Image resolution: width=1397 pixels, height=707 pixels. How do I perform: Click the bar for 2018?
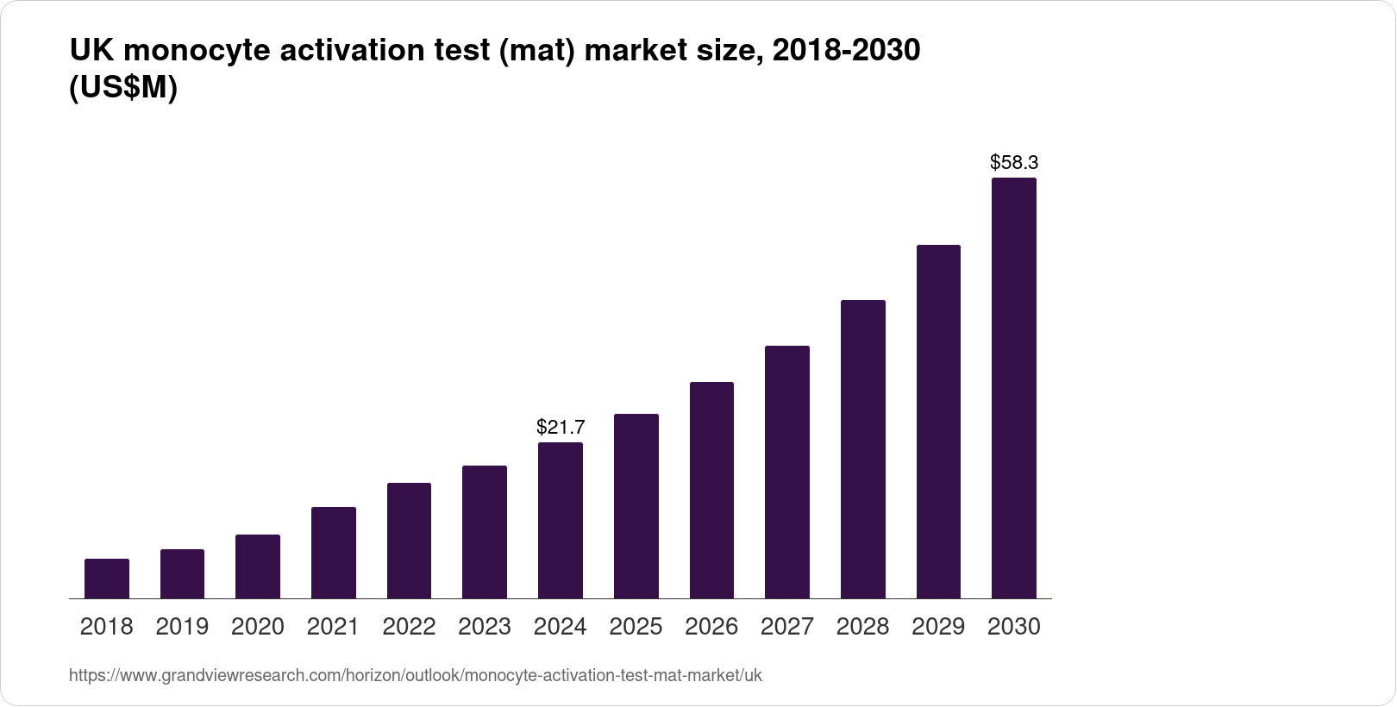coord(107,579)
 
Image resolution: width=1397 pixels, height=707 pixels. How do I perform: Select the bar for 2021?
coord(334,553)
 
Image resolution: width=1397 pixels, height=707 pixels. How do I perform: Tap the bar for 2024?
coord(561,520)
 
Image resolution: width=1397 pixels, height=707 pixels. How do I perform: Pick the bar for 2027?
coord(787,472)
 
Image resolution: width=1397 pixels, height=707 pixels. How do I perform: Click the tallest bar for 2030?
coord(1014,388)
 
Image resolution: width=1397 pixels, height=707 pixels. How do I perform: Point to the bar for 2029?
coord(938,422)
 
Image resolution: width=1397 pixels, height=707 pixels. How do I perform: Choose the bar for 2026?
coord(711,490)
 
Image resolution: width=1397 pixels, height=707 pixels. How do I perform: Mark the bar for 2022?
coord(409,541)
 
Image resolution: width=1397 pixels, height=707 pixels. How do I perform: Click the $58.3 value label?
coord(1014,162)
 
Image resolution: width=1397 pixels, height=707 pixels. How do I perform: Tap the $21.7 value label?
coord(561,427)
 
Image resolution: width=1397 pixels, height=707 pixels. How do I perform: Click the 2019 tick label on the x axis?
coord(182,627)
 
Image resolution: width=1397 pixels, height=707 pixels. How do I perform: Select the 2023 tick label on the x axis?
coord(485,627)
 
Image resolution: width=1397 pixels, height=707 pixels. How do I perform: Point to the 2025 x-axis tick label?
coord(636,627)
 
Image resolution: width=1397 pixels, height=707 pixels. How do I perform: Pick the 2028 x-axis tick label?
coord(862,627)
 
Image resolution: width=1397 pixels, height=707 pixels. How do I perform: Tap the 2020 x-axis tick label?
coord(258,627)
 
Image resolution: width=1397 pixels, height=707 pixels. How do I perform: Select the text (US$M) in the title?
coord(122,88)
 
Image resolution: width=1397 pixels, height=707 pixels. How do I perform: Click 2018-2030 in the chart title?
coord(846,52)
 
